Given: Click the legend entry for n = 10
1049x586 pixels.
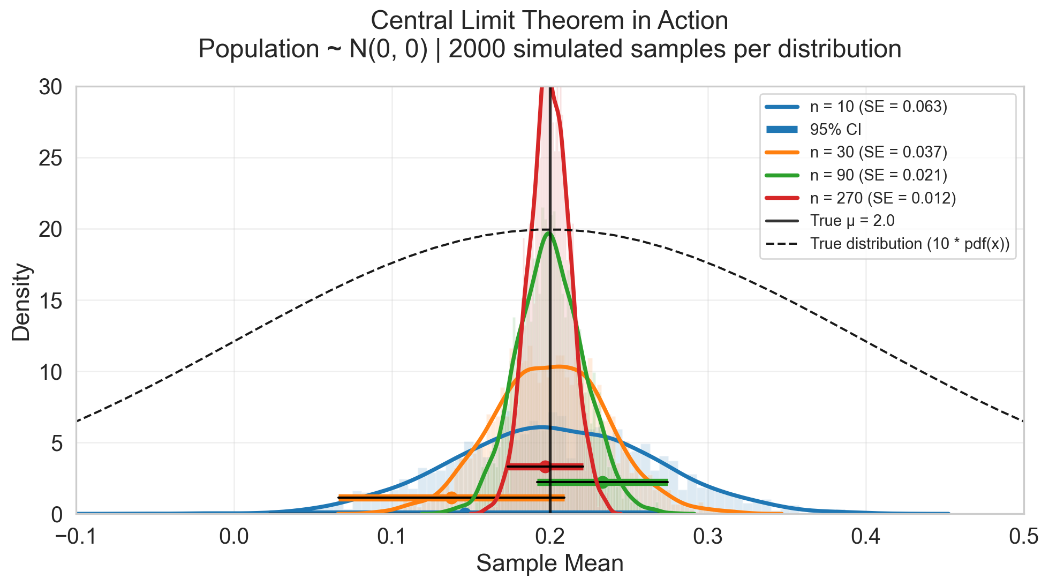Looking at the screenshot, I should tap(878, 107).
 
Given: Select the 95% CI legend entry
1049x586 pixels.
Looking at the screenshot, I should tap(835, 130).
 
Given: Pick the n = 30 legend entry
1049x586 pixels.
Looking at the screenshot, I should tap(878, 153).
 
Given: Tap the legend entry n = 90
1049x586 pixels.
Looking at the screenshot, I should tap(878, 175).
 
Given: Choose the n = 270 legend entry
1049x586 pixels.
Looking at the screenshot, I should tap(882, 198).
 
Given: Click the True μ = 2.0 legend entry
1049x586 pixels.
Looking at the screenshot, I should tap(852, 221).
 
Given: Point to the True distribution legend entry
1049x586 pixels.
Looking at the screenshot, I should tap(909, 244).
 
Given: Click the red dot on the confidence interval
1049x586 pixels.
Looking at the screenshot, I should tap(545, 467).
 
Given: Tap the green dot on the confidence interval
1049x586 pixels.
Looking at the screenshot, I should tap(602, 482).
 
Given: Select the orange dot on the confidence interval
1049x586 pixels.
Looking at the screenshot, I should tap(451, 498).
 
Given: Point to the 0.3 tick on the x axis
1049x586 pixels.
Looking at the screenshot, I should tap(708, 536).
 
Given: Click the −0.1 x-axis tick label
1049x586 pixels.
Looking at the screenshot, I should tap(76, 536).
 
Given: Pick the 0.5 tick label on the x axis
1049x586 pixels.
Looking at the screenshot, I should tap(1024, 536).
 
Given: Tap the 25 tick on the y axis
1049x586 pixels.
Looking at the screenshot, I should tap(51, 158).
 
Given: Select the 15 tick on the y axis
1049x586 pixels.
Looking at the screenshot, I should tap(51, 300).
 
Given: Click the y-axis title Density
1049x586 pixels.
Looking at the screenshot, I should tap(21, 302).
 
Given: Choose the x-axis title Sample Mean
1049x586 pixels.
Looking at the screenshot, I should tap(550, 564).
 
